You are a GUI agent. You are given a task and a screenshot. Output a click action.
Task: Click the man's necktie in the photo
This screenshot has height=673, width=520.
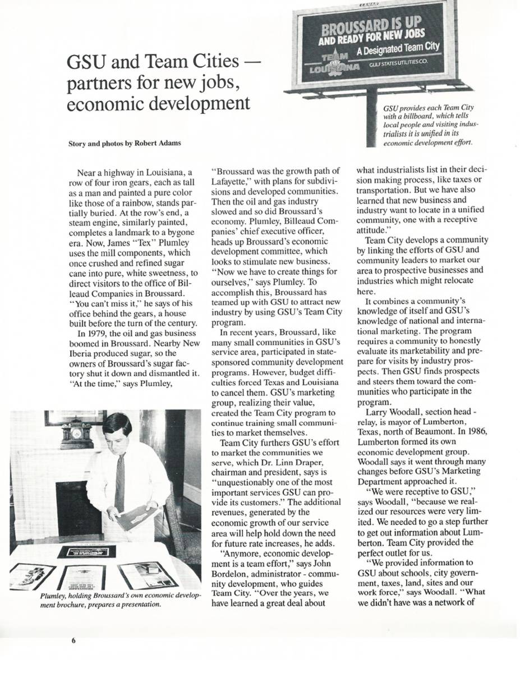[x=119, y=482]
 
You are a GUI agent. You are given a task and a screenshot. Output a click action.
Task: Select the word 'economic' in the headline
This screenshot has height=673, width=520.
[x=105, y=105]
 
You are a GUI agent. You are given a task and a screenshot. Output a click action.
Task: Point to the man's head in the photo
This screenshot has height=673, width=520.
[x=116, y=430]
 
